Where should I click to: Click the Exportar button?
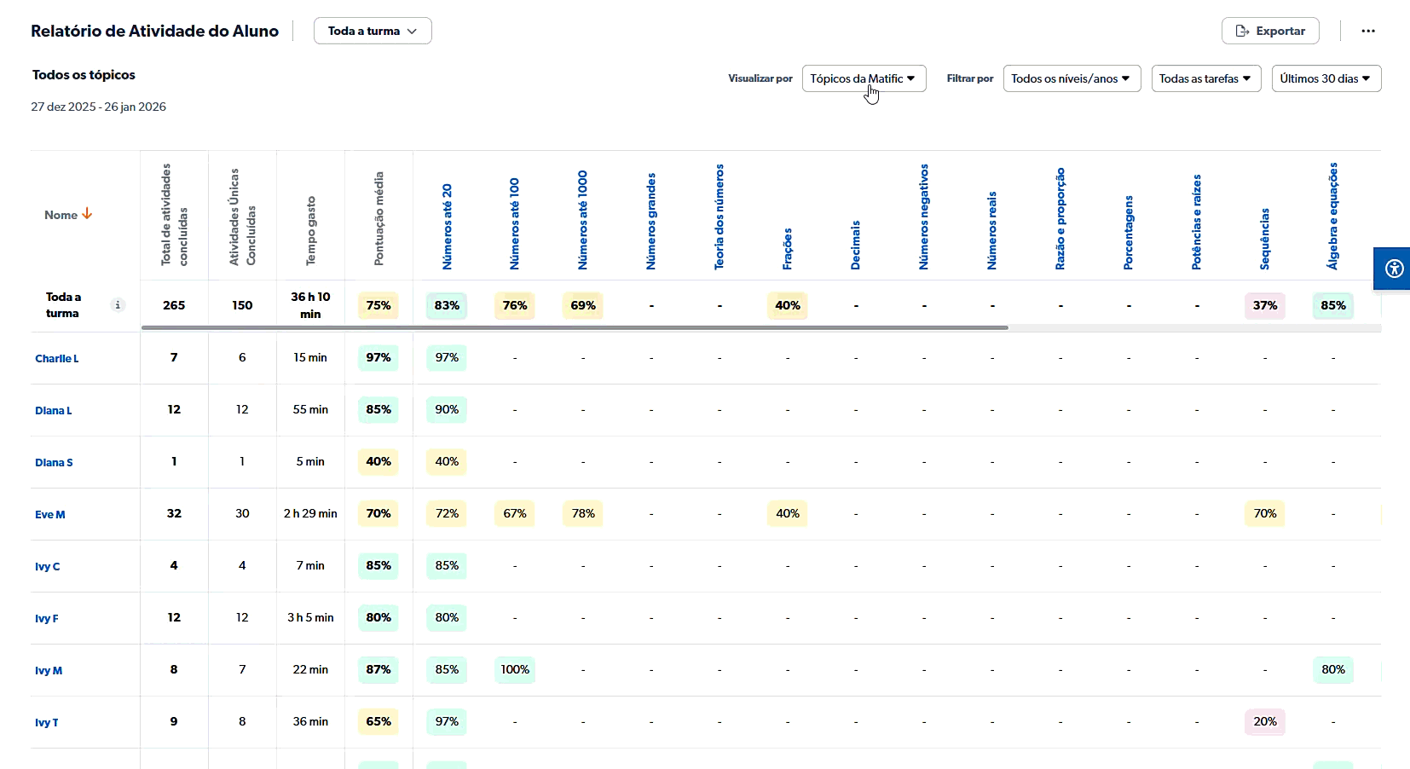(x=1270, y=31)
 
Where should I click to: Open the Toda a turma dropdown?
(x=373, y=31)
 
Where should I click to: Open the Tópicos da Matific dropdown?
(x=864, y=78)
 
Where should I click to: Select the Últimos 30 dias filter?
(x=1326, y=78)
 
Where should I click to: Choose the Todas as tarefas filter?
(x=1205, y=78)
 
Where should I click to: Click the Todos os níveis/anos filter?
(x=1072, y=78)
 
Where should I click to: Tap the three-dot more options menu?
(x=1368, y=31)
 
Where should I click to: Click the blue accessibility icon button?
(x=1394, y=269)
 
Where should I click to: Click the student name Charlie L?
(x=57, y=358)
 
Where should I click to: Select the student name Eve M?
(x=50, y=514)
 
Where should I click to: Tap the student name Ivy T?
(x=47, y=722)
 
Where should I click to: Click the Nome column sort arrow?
(x=87, y=214)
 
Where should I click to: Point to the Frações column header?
(x=788, y=248)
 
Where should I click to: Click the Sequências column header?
(x=1265, y=239)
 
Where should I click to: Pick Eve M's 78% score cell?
(x=583, y=513)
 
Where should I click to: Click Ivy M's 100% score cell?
(x=515, y=669)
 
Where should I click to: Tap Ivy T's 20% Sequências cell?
(x=1265, y=721)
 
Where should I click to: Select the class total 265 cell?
(x=174, y=305)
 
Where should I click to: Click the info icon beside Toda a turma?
(x=118, y=305)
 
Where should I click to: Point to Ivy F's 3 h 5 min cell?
(x=310, y=617)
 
